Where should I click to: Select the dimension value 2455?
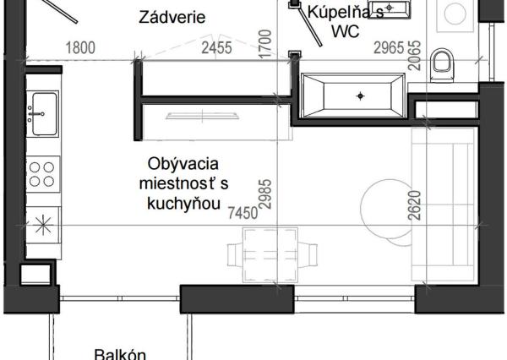point(215,49)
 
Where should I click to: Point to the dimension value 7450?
point(241,214)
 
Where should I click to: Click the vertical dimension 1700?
point(264,42)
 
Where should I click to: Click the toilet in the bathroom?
point(441,62)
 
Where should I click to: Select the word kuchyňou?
point(183,203)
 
